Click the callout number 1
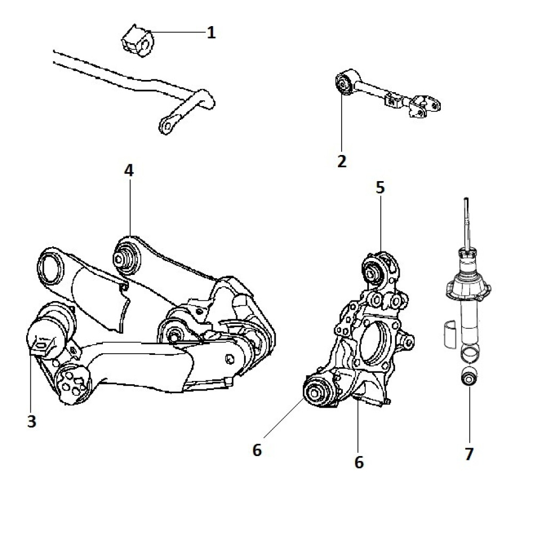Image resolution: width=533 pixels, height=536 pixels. pyautogui.click(x=211, y=33)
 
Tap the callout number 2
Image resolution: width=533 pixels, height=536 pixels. pyautogui.click(x=342, y=160)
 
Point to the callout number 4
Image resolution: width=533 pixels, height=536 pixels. pyautogui.click(x=129, y=170)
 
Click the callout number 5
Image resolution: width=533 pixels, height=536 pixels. pyautogui.click(x=379, y=188)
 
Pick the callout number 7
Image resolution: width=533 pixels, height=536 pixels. pyautogui.click(x=469, y=453)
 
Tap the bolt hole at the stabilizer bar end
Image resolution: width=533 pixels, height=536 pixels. pyautogui.click(x=166, y=125)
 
